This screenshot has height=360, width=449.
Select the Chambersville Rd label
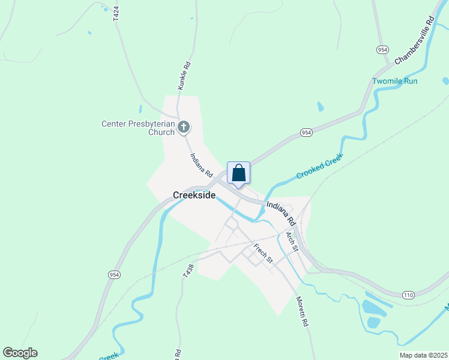pyautogui.click(x=414, y=41)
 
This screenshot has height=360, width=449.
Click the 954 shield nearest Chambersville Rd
pyautogui.click(x=382, y=49)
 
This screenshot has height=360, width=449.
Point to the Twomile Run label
pyautogui.click(x=394, y=81)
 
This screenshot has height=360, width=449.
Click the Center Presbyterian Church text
pyautogui.click(x=137, y=128)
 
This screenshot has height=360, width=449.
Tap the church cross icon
pyautogui.click(x=184, y=127)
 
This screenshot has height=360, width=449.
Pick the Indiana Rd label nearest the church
pyautogui.click(x=202, y=165)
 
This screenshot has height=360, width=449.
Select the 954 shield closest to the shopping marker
pyautogui.click(x=306, y=133)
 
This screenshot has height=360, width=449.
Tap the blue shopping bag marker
pyautogui.click(x=238, y=173)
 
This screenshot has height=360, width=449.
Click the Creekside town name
pyautogui.click(x=194, y=195)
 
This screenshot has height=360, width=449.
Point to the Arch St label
pyautogui.click(x=292, y=242)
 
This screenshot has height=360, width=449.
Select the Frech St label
pyautogui.click(x=263, y=253)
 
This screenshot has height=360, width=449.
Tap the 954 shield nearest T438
pyautogui.click(x=113, y=274)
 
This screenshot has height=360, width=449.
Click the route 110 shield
pyautogui.click(x=409, y=295)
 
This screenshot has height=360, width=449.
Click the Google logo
pyautogui.click(x=20, y=353)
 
